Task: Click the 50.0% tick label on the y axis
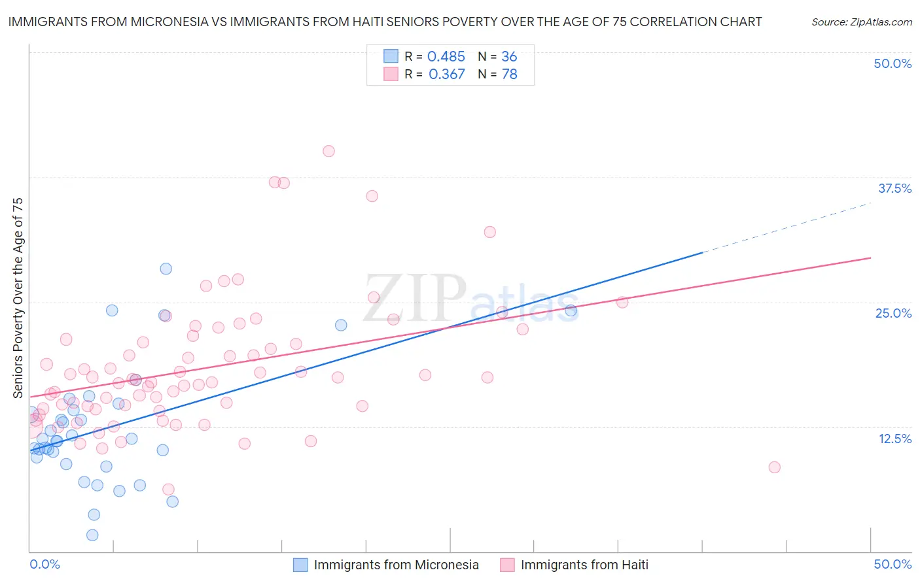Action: coord(893,63)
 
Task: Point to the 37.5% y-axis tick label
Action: coord(894,188)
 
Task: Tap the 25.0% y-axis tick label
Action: coord(893,313)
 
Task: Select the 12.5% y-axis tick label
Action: coord(894,439)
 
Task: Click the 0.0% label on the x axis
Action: coord(44,564)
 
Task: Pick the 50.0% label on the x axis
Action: coord(893,564)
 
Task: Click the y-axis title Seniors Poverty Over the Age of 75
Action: coord(18,298)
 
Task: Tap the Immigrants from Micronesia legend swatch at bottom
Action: coord(300,565)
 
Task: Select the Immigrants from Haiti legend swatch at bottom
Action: coord(507,565)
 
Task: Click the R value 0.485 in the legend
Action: coord(446,57)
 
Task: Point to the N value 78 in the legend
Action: coord(509,75)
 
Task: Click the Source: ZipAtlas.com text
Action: coord(861,22)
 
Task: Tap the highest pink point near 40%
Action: coord(328,151)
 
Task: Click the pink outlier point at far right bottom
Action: coord(774,467)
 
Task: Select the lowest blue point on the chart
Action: coord(92,535)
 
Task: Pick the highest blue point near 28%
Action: coord(166,269)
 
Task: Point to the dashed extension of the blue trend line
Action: coord(785,228)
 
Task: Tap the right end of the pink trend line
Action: coord(870,258)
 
